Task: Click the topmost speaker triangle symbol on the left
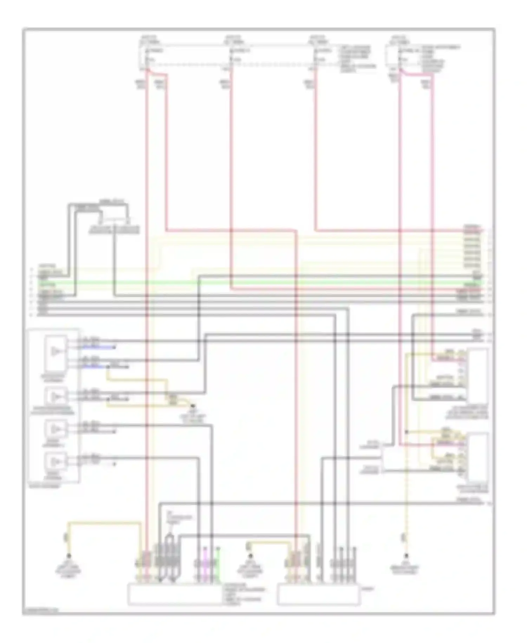(55, 351)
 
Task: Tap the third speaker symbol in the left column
(55, 429)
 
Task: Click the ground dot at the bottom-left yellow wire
(69, 556)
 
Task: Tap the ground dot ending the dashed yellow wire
(406, 556)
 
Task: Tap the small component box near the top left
(114, 218)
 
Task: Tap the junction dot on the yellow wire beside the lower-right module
(406, 432)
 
